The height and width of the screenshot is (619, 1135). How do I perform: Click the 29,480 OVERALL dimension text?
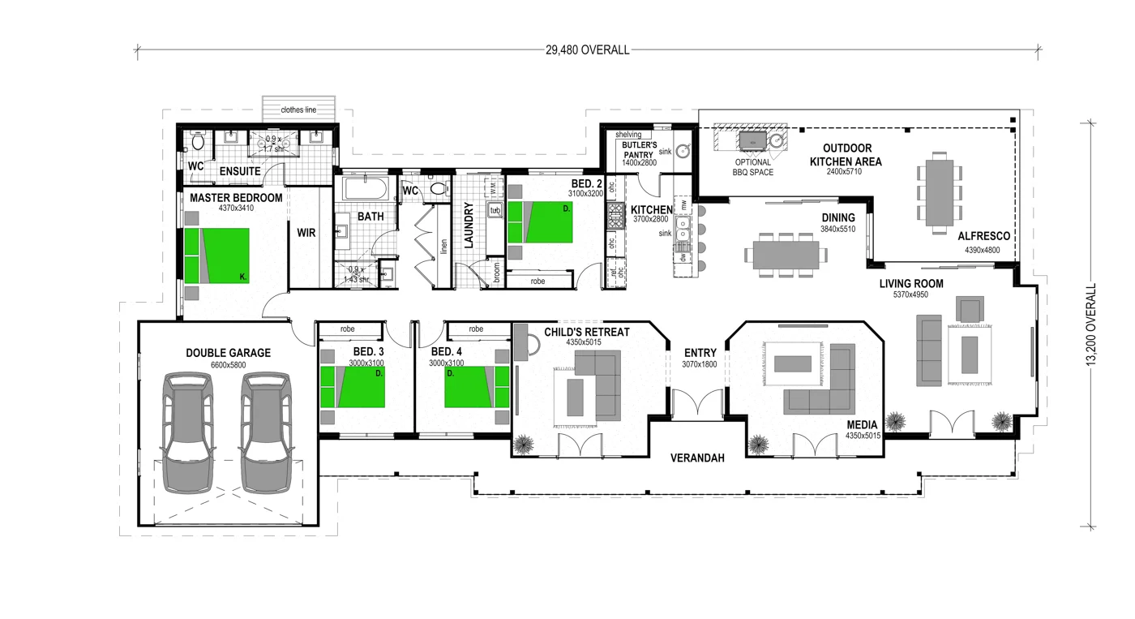click(x=588, y=50)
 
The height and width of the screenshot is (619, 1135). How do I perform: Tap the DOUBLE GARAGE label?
click(x=228, y=353)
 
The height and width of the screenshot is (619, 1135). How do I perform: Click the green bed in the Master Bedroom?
click(x=216, y=256)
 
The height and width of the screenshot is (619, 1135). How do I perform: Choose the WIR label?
click(x=306, y=233)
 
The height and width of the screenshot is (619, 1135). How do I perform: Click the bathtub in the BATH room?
click(x=365, y=190)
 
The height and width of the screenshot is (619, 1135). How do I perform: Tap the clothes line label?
click(x=298, y=110)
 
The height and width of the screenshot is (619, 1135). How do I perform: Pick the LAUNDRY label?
click(x=469, y=225)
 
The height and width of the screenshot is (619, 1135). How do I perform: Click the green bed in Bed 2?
click(x=540, y=222)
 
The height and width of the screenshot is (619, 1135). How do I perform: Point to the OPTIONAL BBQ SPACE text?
click(x=753, y=167)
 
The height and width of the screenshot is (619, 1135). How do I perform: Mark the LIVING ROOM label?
click(x=912, y=284)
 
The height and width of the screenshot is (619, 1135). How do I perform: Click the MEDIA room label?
click(x=862, y=425)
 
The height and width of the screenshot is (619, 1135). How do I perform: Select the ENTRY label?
click(x=700, y=353)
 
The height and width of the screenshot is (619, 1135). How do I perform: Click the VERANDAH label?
click(x=697, y=458)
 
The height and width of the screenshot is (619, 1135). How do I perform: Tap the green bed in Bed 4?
click(x=469, y=386)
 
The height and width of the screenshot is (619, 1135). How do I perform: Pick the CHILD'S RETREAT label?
click(x=586, y=333)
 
